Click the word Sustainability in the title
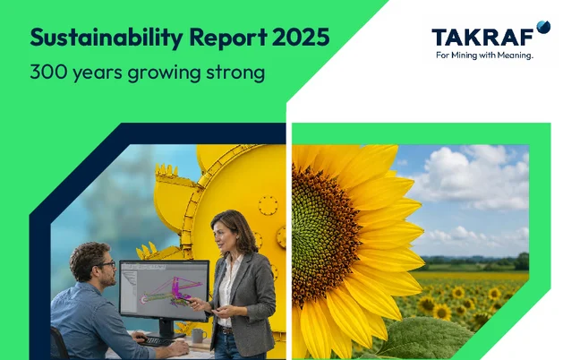point(107,38)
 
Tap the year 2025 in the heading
point(301,37)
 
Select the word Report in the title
point(228,38)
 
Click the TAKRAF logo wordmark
point(482,38)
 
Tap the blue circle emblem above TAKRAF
point(543,27)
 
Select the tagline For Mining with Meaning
point(484,56)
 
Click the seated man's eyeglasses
point(107,264)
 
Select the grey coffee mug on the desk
point(199,335)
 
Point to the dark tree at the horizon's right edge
point(522,261)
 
